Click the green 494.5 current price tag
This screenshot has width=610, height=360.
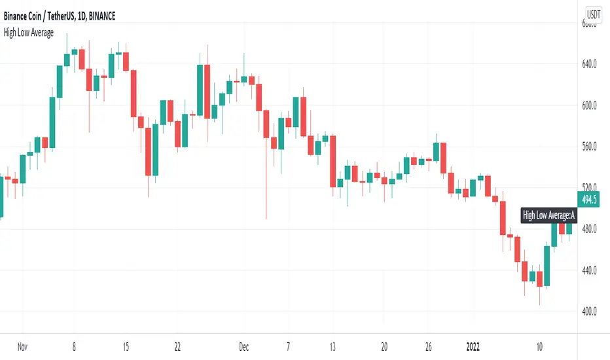click(x=590, y=200)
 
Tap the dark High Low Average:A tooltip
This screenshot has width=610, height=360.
click(x=549, y=215)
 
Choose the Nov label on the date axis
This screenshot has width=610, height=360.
click(x=23, y=346)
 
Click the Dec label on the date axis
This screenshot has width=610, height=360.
click(x=243, y=346)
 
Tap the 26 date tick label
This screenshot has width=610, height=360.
click(x=429, y=346)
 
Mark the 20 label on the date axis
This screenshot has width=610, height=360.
click(x=384, y=346)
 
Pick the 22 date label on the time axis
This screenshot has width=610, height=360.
click(x=178, y=346)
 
